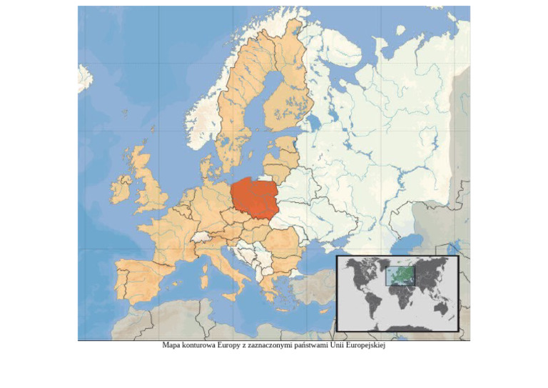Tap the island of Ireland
coord(121,189)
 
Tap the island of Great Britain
coord(150,187)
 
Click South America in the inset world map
coord(373,304)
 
